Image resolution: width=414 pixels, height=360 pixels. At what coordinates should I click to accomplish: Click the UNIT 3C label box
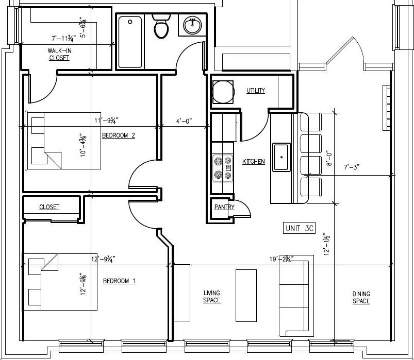pos(300,228)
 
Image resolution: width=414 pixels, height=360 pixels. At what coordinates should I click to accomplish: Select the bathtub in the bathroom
pos(130,42)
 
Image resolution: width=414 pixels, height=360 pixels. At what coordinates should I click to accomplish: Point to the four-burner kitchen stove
pos(222,168)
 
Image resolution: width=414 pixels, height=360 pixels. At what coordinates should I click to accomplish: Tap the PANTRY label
pos(224,207)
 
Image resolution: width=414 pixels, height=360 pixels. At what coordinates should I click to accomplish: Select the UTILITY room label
pos(256,91)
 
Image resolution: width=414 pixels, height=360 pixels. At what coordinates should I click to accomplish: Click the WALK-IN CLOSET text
pos(59,54)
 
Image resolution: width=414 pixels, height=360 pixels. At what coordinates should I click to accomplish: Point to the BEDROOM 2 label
pos(118,135)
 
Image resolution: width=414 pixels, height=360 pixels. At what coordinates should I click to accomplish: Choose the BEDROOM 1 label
pos(119,281)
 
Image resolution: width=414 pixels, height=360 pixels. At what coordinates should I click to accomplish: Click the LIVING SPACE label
pos(212,297)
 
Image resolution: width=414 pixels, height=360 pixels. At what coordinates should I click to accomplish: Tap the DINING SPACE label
pos(361,298)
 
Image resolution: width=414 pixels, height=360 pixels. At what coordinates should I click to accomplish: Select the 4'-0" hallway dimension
pos(184,122)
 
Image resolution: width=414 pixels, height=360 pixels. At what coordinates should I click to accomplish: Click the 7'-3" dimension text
pos(351,167)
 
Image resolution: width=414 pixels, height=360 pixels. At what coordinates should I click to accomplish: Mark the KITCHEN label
pos(253,162)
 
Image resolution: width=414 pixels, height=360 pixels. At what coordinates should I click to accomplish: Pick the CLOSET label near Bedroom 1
pos(49,207)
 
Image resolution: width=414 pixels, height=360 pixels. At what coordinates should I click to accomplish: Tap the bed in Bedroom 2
pos(62,140)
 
